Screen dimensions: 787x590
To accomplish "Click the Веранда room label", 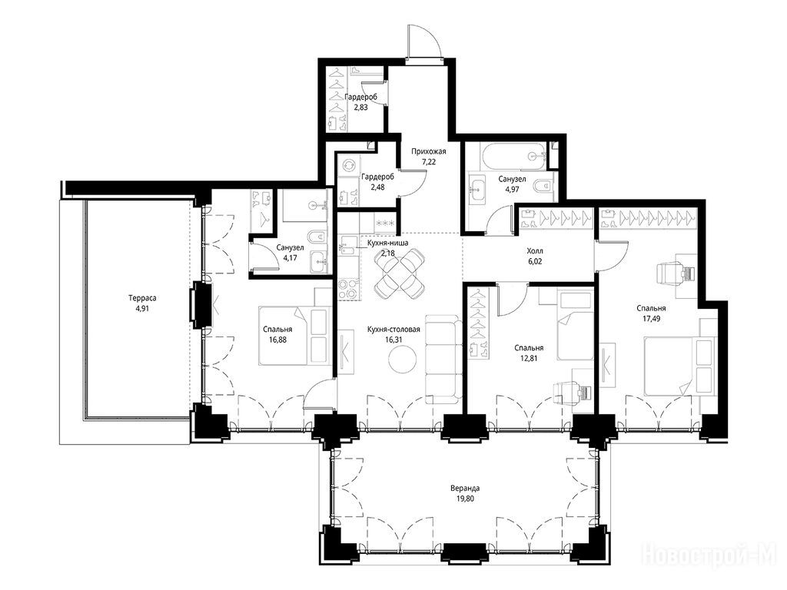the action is (465, 488).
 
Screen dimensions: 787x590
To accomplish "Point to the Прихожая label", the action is (429, 151).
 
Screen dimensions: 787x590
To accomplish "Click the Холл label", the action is (535, 251).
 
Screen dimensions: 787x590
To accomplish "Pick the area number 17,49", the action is (652, 318).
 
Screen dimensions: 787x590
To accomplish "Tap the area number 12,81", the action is (529, 358).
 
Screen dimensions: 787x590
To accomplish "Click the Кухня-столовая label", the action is (393, 330).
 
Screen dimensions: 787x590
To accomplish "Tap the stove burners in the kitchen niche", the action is (349, 290).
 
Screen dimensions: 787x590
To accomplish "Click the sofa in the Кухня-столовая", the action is (443, 360).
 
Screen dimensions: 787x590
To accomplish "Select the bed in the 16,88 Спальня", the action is (293, 334).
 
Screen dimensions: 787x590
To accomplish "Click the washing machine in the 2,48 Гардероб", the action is (348, 166).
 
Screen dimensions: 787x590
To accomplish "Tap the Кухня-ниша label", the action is (387, 243).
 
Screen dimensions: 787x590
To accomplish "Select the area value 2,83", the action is (361, 107).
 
